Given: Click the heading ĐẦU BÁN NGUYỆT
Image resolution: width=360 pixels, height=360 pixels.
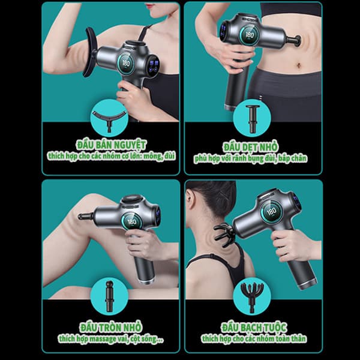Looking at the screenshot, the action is pos(111,145).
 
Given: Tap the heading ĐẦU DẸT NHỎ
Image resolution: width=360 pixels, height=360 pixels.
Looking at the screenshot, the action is pos(250,147).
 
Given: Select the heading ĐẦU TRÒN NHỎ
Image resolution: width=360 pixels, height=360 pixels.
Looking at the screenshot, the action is pos(110,327).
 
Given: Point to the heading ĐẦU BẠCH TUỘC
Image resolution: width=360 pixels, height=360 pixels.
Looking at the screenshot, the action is pos(254,327).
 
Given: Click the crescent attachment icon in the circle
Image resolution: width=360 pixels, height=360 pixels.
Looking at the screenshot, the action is pos(109,119).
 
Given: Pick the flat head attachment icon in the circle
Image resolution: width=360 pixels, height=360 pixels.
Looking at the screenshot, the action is pos(253,118).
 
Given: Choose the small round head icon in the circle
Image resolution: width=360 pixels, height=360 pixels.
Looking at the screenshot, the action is pos(109,296).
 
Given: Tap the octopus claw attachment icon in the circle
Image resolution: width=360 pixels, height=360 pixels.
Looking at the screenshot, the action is pos(252,297).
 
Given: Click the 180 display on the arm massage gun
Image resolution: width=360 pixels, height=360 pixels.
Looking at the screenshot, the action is pos(126,63).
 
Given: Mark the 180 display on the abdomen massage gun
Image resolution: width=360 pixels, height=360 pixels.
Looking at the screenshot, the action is pos(250,35).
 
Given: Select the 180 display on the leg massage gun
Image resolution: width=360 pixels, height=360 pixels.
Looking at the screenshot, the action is pos(132,222).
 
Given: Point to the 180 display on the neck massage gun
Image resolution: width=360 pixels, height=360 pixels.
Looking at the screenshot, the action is pos(272,211).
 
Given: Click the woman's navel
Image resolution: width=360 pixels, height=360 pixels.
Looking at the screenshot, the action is pos(299,66).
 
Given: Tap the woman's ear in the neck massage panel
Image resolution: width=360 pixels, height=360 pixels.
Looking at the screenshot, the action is pos(189,197).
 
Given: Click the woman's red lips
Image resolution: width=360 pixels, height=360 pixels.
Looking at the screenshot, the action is pos(150,6).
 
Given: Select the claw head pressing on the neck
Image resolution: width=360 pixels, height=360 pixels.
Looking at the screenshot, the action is pos(224,235).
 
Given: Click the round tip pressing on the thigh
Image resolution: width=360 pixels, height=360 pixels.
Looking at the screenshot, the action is pos(85,216).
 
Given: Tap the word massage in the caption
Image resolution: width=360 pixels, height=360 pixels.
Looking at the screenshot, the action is pos(103,339).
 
